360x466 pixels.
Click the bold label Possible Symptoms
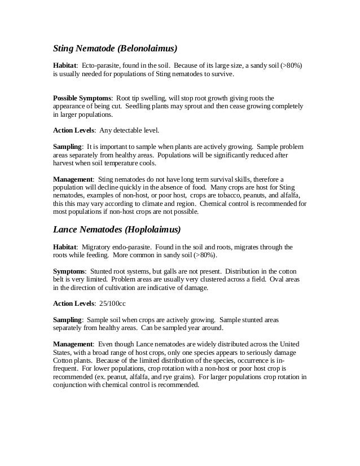82,98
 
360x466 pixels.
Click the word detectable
126,130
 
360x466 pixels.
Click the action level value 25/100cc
111,304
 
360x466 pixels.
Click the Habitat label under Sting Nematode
65,65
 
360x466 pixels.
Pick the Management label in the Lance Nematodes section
73,344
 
